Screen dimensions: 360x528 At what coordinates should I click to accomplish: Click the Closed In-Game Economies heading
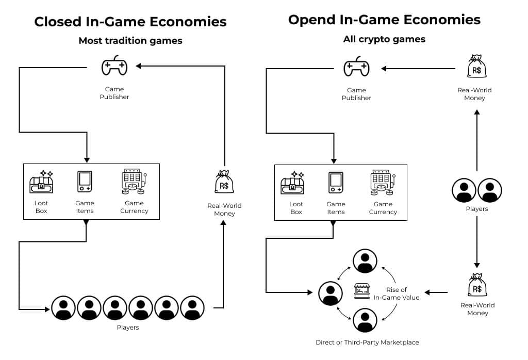[130, 22]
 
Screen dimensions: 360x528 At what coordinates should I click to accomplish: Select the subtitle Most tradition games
[130, 41]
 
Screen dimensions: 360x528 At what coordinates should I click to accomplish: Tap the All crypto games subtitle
[384, 39]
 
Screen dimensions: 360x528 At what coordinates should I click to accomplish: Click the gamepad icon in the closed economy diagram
[114, 66]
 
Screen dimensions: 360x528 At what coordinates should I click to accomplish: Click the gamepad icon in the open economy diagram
[356, 67]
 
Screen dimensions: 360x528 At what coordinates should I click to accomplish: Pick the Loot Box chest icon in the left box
[41, 182]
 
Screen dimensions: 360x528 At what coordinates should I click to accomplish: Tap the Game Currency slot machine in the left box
[134, 182]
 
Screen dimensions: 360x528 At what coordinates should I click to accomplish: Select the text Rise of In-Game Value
[397, 293]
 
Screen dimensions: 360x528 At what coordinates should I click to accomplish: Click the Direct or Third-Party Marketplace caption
[367, 342]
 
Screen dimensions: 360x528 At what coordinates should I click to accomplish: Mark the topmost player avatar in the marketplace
[365, 261]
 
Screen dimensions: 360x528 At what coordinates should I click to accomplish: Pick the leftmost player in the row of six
[63, 308]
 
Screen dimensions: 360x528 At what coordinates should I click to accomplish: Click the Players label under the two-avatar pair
[476, 209]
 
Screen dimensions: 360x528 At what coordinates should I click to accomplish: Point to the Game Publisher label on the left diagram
[114, 93]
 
